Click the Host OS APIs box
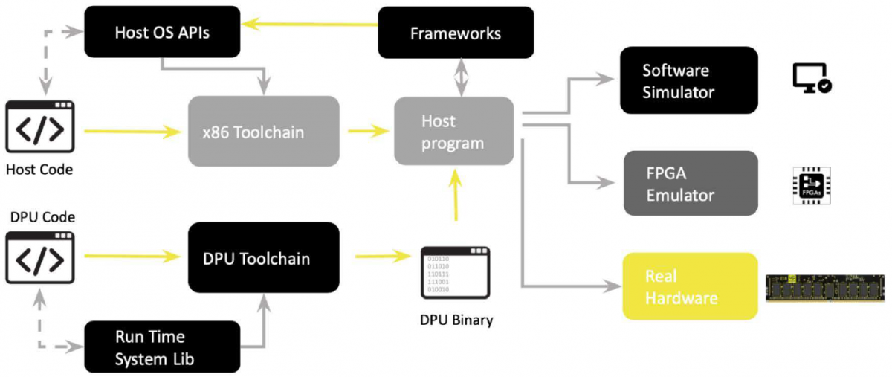pos(162,32)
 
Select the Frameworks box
pos(456,33)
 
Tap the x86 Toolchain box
pos(264,132)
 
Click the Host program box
pos(453,131)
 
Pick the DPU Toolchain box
pos(264,259)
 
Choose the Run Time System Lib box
pos(162,346)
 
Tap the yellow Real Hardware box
pos(689,286)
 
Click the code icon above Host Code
pos(40,128)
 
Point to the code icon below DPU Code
pos(40,257)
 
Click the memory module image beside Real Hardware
pos(826,286)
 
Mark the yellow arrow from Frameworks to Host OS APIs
pos(311,24)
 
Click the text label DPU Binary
pos(456,320)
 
